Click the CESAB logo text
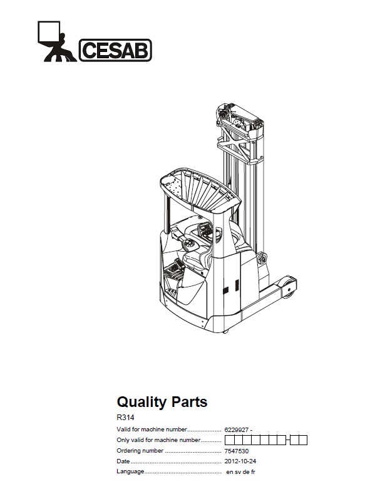[115, 50]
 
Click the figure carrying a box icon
[57, 41]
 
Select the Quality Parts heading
[162, 402]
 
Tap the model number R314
[125, 418]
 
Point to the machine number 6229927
[236, 429]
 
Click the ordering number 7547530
[236, 451]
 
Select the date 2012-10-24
[240, 461]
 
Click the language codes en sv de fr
[240, 472]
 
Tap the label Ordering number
[140, 451]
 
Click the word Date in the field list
[123, 461]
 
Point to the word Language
[130, 471]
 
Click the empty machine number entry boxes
[265, 440]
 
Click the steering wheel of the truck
[190, 244]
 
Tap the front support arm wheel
[289, 287]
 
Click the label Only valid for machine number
[158, 440]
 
